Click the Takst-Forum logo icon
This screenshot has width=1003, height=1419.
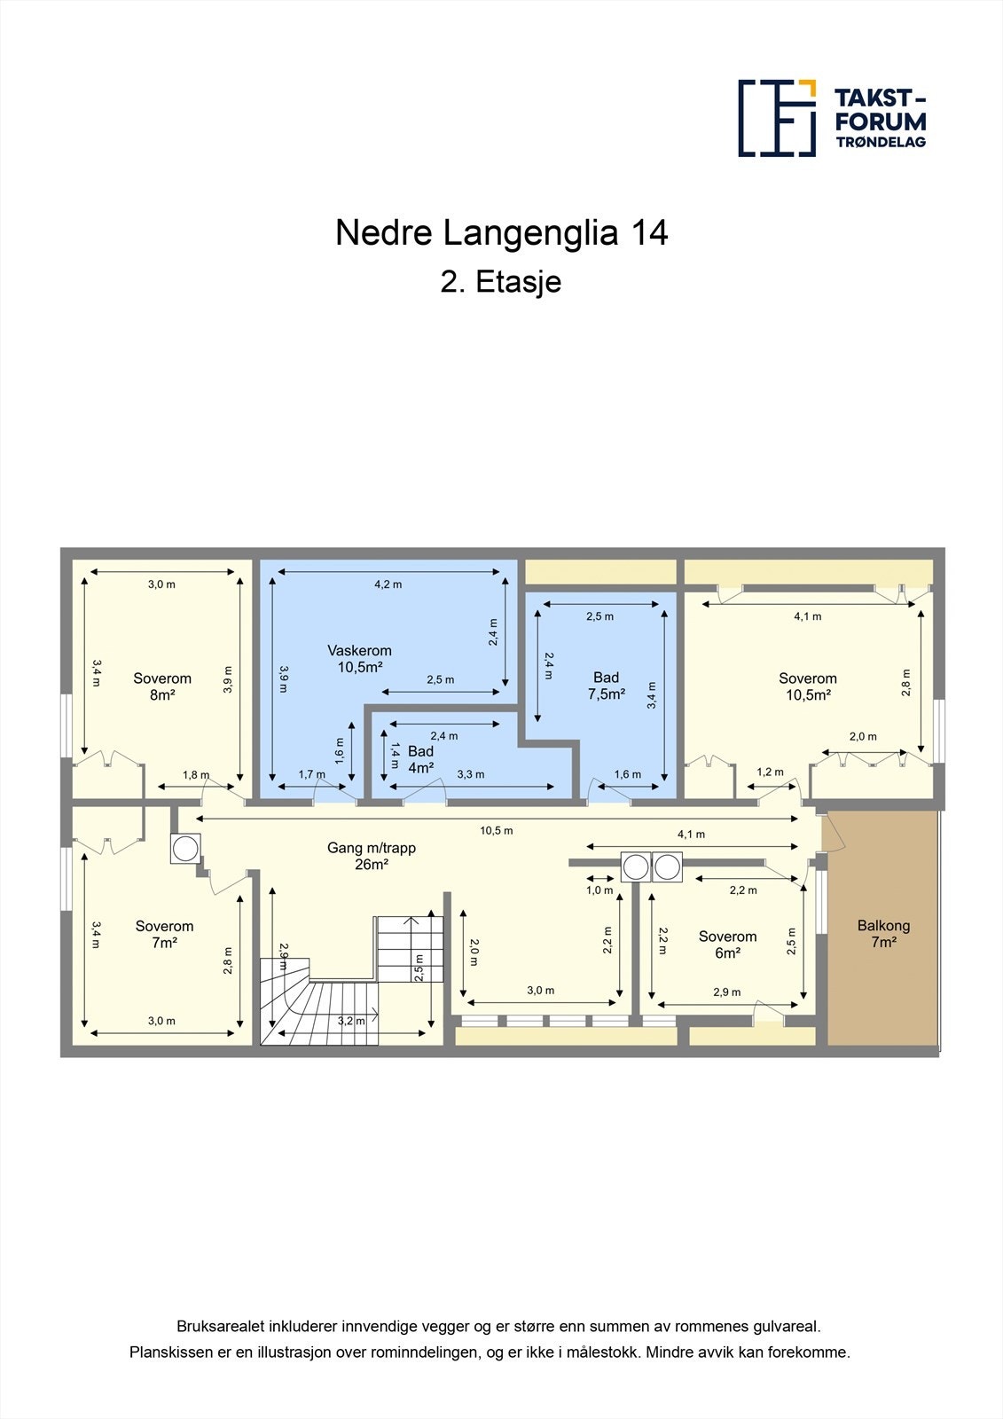tap(777, 118)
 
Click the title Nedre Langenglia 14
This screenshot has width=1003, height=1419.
tap(501, 233)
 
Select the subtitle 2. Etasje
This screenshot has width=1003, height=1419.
tap(501, 282)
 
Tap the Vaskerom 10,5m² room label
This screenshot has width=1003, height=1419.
tap(359, 659)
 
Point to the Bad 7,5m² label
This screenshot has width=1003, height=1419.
tap(607, 686)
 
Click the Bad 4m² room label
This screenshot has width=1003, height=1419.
tap(420, 759)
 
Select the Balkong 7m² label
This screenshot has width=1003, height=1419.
tap(883, 934)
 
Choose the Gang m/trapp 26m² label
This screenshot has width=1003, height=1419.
tap(372, 856)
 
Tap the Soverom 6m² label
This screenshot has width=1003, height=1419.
tap(727, 945)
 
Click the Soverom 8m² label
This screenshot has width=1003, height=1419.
tap(162, 686)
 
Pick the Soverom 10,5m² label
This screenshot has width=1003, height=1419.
tap(808, 686)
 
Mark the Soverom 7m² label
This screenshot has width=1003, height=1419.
tap(164, 934)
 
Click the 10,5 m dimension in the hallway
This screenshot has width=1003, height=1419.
tap(497, 831)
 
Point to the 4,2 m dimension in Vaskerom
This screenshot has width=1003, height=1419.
tap(388, 584)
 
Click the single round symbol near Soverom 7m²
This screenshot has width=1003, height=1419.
tap(185, 849)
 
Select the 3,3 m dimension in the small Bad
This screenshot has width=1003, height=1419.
tap(471, 774)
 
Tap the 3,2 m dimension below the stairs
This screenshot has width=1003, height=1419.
tap(351, 1021)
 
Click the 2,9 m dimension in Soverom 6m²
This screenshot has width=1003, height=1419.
tap(726, 992)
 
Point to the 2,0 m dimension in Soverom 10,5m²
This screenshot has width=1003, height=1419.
tap(863, 736)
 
